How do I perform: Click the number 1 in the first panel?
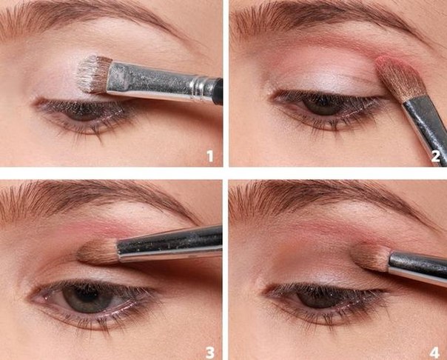pyautogui.click(x=210, y=156)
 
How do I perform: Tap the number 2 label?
pyautogui.click(x=436, y=156)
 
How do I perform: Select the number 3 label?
pyautogui.click(x=210, y=353)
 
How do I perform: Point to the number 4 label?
pyautogui.click(x=434, y=353)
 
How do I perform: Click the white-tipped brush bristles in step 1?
pyautogui.click(x=93, y=74)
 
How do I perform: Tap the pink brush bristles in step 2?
pyautogui.click(x=400, y=78)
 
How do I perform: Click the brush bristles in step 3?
pyautogui.click(x=98, y=251)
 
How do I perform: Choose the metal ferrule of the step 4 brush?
pyautogui.click(x=417, y=268)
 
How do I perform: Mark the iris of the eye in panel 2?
pyautogui.click(x=322, y=105)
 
